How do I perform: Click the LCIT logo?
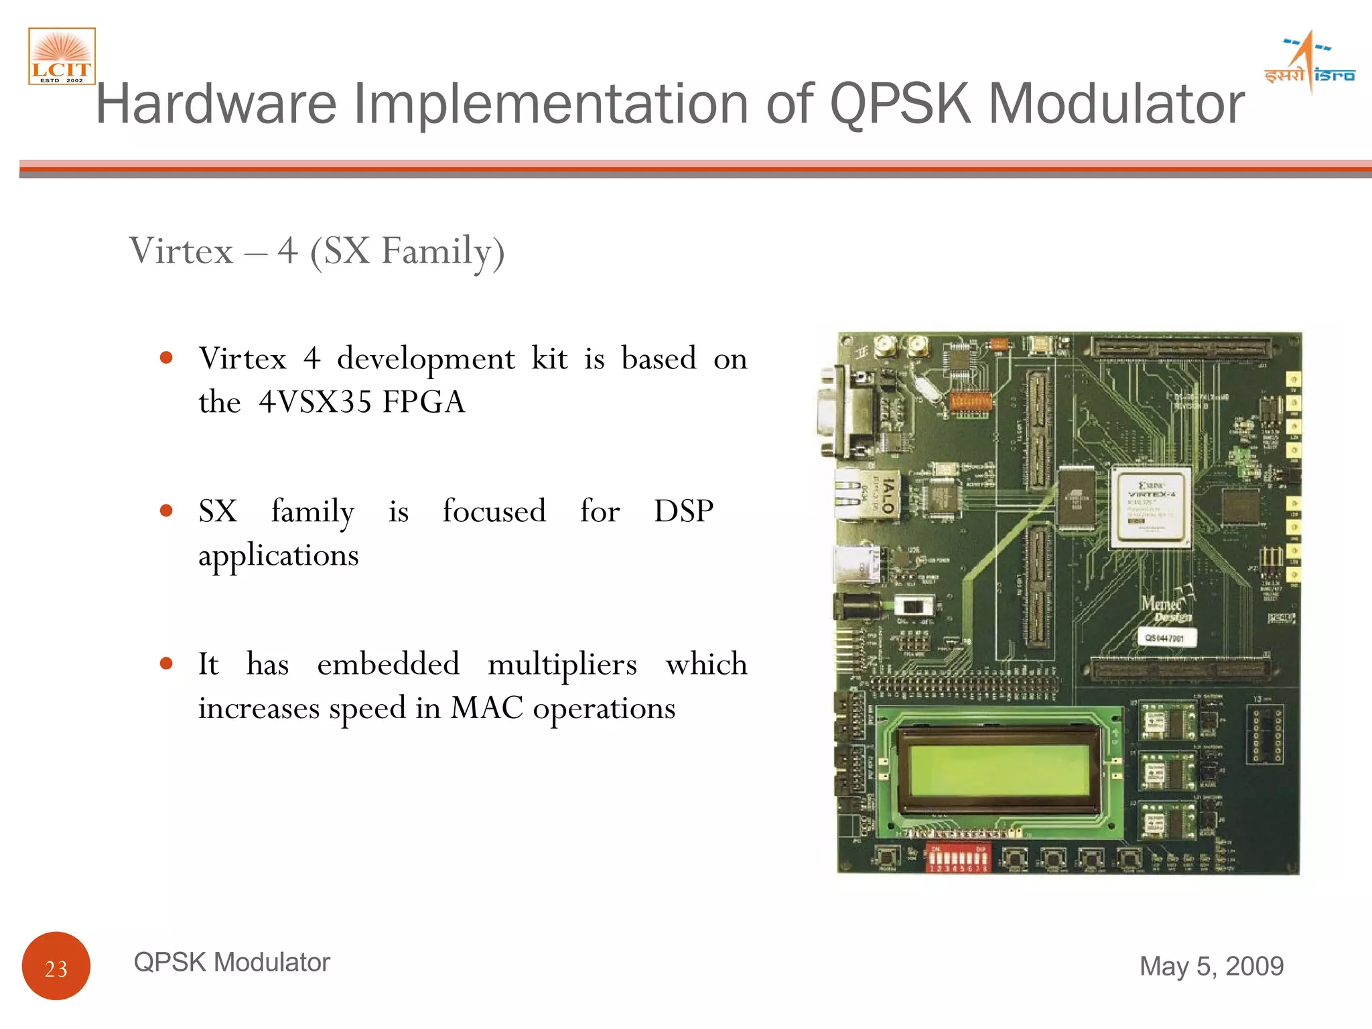(x=62, y=56)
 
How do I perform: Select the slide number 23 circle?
(x=56, y=966)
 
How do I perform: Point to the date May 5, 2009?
(x=1211, y=966)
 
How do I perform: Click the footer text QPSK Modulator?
(x=232, y=962)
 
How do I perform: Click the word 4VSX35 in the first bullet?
(x=315, y=402)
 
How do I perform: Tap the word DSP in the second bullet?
(x=683, y=511)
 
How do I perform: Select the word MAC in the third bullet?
(x=486, y=708)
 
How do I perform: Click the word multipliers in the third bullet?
(x=562, y=665)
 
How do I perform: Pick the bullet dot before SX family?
(x=167, y=511)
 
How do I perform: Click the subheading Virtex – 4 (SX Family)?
(x=317, y=251)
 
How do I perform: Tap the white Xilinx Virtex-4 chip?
(x=1151, y=508)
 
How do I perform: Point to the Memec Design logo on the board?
(x=1166, y=607)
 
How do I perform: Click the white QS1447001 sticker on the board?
(x=1166, y=638)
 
